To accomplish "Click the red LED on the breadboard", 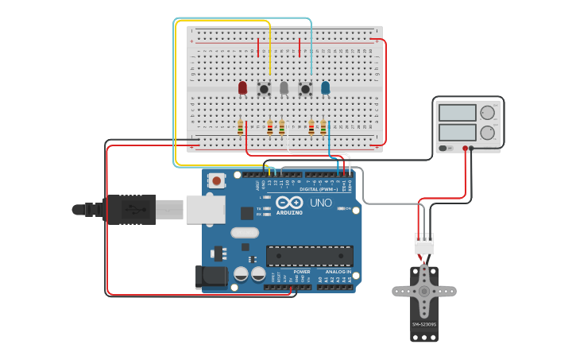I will (242, 87).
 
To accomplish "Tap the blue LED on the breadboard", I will (325, 87).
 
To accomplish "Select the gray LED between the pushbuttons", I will (284, 87).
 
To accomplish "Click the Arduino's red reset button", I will (216, 180).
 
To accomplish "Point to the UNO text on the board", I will (320, 203).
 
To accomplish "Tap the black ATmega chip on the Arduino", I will (310, 256).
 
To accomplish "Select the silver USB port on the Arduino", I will (205, 209).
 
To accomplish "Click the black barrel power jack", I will (211, 276).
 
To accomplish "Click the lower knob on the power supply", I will (487, 132).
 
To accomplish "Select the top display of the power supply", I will (458, 113).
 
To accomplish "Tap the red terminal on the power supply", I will (465, 148).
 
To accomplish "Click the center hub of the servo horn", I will (424, 291).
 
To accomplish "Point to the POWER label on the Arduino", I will (301, 272).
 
